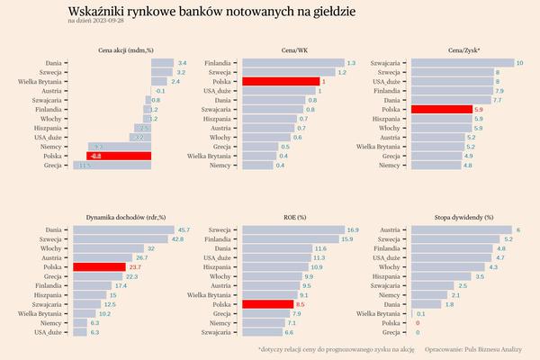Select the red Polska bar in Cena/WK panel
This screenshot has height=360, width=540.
pos(279,81)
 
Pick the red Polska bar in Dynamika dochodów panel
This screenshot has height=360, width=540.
pos(99,266)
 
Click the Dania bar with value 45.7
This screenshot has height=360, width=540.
pos(123,229)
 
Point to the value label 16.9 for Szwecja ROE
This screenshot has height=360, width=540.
pos(353,229)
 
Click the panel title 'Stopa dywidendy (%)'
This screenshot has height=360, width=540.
pos(463,217)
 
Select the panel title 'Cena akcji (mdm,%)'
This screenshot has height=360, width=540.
pos(126,50)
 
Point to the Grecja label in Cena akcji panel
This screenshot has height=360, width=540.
pos(52,166)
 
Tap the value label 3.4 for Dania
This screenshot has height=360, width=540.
pos(182,63)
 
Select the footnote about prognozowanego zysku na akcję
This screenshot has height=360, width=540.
pos(335,347)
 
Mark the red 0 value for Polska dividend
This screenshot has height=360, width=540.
pos(417,322)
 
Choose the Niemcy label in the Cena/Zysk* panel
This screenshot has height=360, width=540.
pos(389,166)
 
